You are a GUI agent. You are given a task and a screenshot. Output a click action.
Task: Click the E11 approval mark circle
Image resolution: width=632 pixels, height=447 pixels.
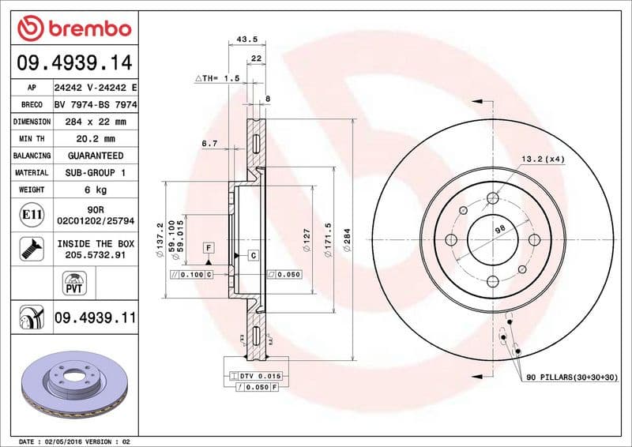[x=31, y=214]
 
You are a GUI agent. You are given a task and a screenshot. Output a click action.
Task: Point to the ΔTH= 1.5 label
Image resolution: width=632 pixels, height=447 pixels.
[x=216, y=79]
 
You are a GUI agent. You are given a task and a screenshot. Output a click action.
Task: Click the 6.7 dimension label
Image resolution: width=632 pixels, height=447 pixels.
[x=209, y=144]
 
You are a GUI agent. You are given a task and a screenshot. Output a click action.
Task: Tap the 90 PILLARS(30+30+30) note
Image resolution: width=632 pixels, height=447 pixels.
[x=572, y=378]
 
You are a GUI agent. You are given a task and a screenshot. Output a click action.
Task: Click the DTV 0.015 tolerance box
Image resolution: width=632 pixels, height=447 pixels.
[x=255, y=376]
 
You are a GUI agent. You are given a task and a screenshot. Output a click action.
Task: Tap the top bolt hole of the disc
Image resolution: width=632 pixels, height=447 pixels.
[x=492, y=198]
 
